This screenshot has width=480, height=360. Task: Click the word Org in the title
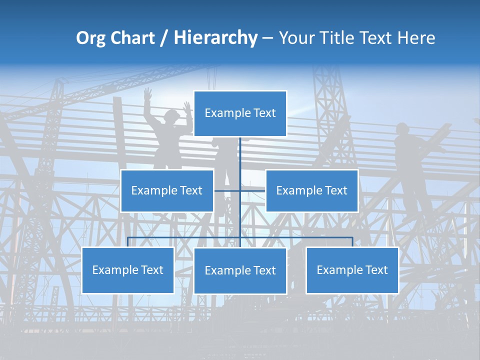coord(90,38)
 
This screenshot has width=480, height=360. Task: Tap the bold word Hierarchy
coord(215,38)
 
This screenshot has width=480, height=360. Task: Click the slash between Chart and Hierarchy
coord(164,38)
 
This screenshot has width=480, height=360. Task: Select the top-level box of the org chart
coord(240,113)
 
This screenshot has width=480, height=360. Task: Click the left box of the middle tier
coord(167,191)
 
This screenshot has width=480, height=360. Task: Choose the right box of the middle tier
coord(311,191)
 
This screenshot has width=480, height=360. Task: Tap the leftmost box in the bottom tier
coord(127,270)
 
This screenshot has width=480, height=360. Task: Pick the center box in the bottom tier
coord(240,271)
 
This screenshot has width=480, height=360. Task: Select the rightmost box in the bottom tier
coord(352,270)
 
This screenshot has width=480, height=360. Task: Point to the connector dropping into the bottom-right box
coord(352,241)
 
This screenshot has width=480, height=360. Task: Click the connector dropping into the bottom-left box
coord(128,241)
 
